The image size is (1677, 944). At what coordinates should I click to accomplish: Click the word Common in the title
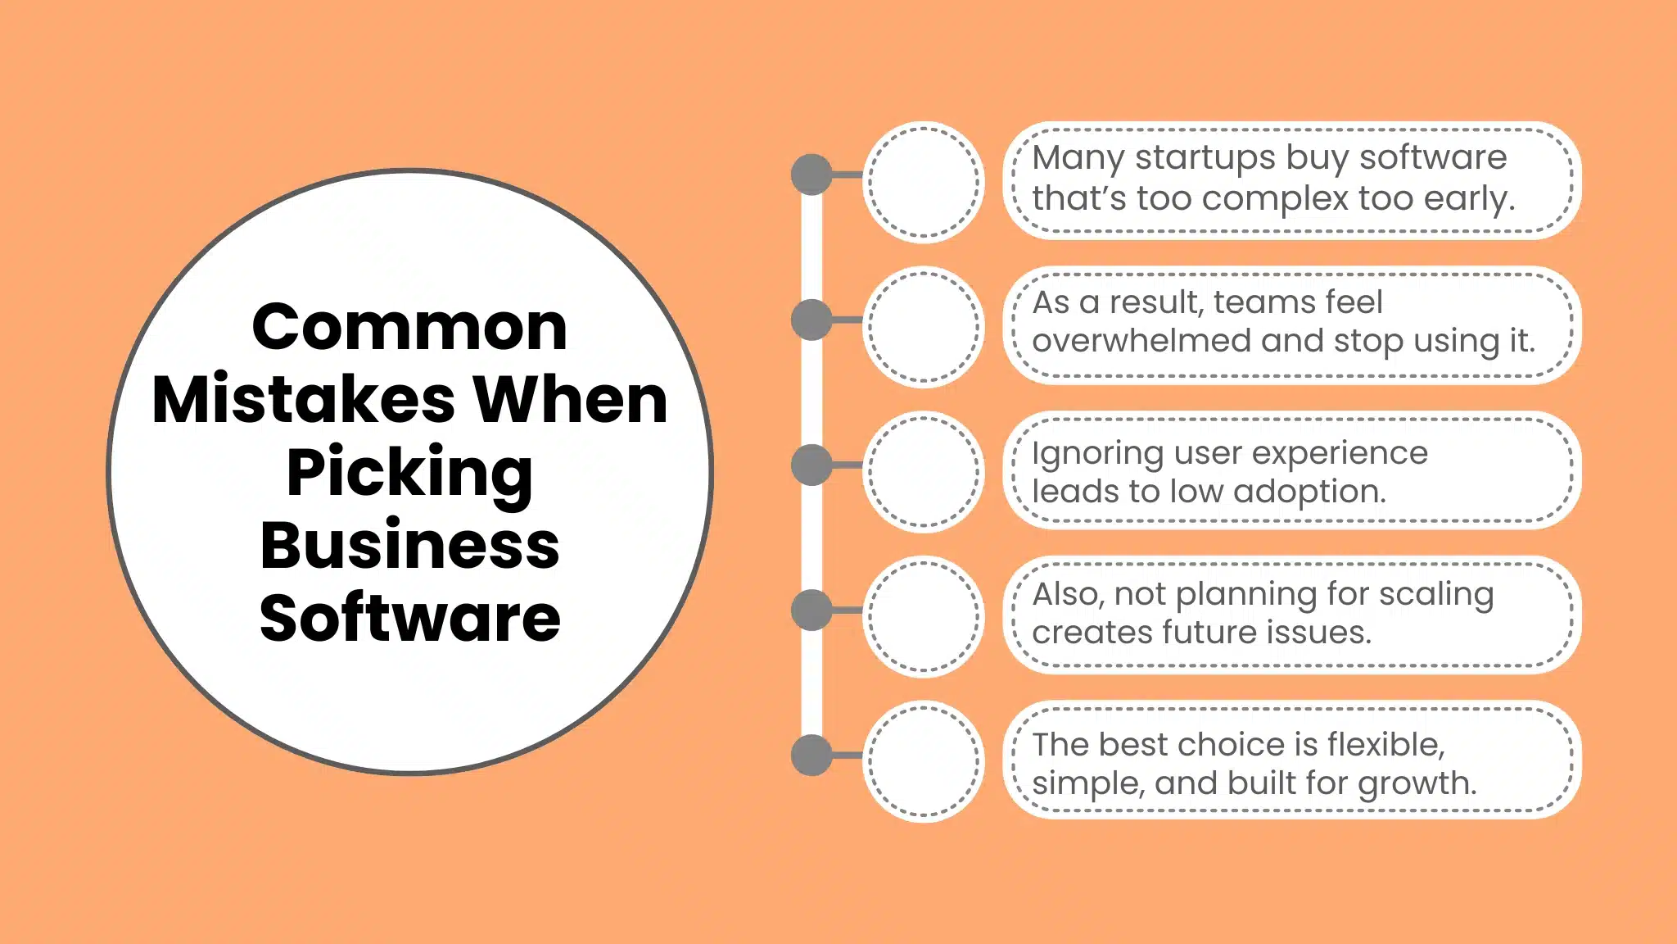pos(409,328)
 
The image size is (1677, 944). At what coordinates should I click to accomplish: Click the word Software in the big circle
pos(409,618)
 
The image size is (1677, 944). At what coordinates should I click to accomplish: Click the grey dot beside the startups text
pos(811,175)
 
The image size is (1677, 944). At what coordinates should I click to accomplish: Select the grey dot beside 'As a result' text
pos(811,320)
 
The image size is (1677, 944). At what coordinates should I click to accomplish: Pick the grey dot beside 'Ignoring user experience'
pos(811,465)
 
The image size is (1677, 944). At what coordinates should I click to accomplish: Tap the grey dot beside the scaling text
pos(811,610)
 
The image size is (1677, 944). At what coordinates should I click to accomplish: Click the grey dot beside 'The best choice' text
pos(811,755)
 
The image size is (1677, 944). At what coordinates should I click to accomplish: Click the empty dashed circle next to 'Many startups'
pos(924,182)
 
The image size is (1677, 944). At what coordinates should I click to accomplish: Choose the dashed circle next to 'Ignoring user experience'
pos(924,472)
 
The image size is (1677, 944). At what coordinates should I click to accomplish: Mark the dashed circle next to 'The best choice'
pos(924,761)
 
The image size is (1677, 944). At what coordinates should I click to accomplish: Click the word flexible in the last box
pos(1385,744)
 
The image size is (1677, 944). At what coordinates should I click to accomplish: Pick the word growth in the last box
pos(1417,784)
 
